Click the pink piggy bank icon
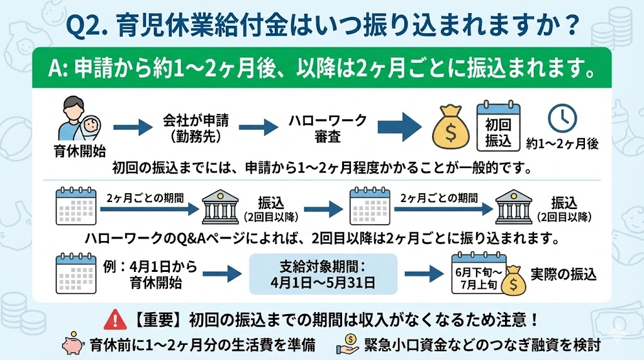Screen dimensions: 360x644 tap(71, 345)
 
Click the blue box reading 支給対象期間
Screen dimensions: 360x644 tap(323, 274)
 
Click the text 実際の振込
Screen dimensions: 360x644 tap(563, 274)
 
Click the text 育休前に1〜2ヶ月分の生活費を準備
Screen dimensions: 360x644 tap(202, 346)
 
